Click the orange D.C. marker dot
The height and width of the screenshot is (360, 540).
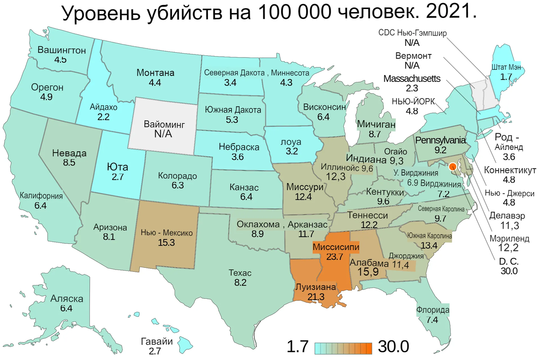coord(453,166)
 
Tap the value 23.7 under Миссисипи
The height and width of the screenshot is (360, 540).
coord(335,257)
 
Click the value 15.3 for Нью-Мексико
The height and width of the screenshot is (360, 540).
coord(166,243)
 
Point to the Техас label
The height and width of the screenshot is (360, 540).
coord(240,273)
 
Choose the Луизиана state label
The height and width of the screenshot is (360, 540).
coord(315,287)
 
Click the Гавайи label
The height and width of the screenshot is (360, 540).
coord(157,341)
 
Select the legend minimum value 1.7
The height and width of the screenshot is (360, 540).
coord(298,347)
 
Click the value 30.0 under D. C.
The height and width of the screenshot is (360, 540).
coord(509,271)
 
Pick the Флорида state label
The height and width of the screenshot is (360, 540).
coord(432,310)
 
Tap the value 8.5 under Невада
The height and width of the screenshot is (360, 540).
coord(69,162)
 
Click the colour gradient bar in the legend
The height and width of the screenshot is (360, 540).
coord(343,347)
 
